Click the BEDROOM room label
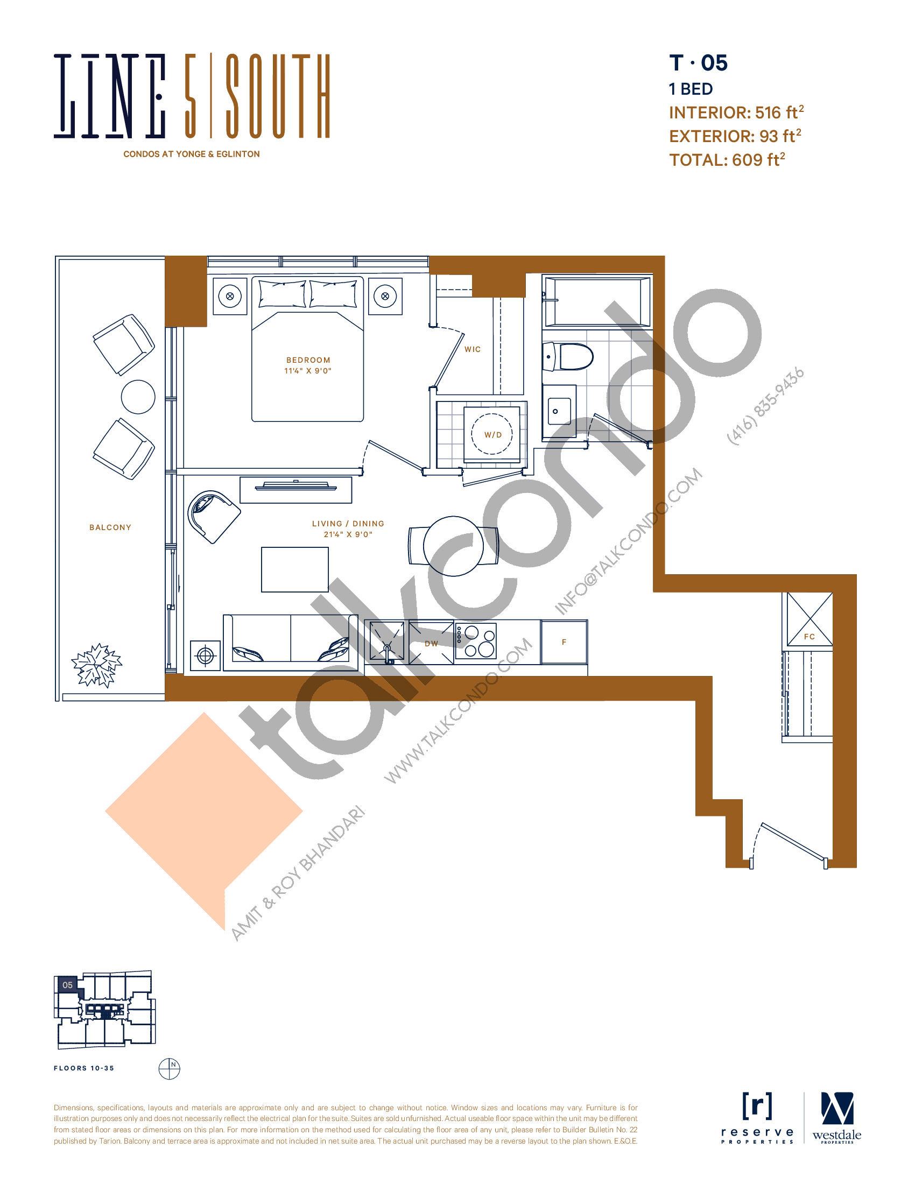click(x=308, y=360)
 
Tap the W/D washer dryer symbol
click(x=492, y=434)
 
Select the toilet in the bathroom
click(x=569, y=357)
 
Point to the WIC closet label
click(x=473, y=350)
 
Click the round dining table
click(x=453, y=546)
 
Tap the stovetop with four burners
click(x=475, y=642)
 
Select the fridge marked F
click(x=564, y=643)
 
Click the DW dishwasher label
click(x=432, y=644)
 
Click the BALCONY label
click(x=110, y=527)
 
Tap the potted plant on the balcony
click(x=96, y=665)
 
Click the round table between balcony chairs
click(x=138, y=397)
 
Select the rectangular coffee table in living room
click(x=295, y=569)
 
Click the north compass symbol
click(x=169, y=1068)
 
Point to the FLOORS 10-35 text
click(x=84, y=1068)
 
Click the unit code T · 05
click(x=698, y=63)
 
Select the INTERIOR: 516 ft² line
click(x=736, y=112)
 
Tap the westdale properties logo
click(x=836, y=1118)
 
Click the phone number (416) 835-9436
click(x=765, y=406)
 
